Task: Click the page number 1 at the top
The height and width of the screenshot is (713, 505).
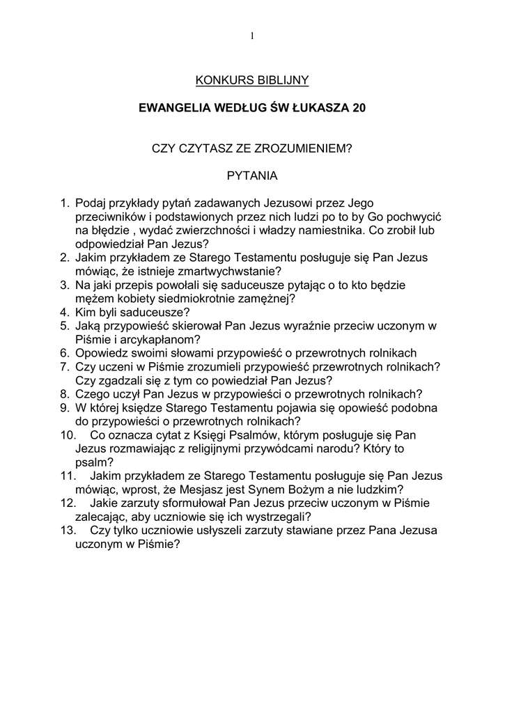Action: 252,36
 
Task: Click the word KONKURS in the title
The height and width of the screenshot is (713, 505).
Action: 221,81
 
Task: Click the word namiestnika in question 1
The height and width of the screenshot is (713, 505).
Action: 350,230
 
